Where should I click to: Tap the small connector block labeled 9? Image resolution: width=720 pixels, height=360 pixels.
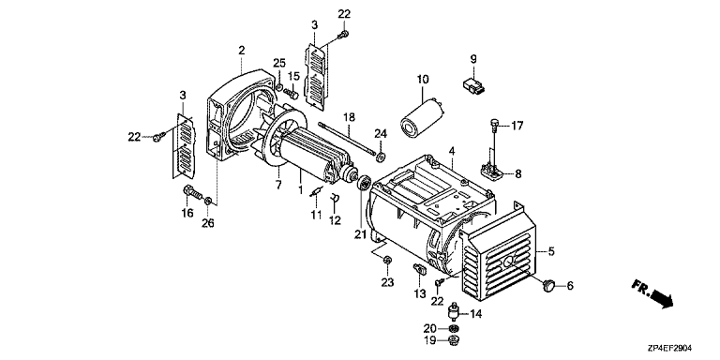473,86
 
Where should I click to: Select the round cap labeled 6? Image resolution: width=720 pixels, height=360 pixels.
549,285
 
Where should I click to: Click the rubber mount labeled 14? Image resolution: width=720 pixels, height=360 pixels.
454,312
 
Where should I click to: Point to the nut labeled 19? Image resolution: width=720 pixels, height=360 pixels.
455,340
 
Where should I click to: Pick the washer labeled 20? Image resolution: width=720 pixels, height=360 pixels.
455,328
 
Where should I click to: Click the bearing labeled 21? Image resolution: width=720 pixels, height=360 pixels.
364,183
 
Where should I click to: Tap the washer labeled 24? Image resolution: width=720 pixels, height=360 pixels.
381,157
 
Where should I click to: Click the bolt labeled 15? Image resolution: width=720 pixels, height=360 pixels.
292,93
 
